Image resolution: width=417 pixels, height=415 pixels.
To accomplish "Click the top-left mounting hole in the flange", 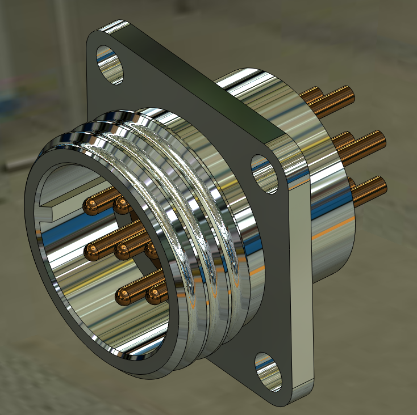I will (x=110, y=64).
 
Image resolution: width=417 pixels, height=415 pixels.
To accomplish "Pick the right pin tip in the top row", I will (x=122, y=205).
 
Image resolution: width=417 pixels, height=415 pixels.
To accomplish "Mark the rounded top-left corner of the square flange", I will (x=97, y=34).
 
